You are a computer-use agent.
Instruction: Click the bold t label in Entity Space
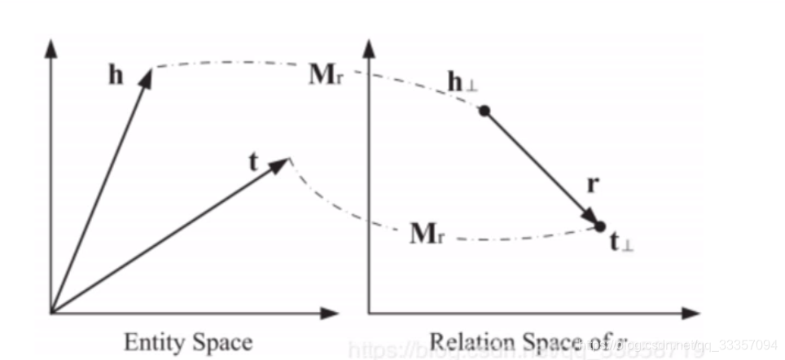[253, 162]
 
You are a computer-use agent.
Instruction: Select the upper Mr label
[328, 76]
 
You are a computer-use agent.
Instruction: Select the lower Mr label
[429, 235]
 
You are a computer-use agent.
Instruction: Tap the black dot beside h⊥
[485, 111]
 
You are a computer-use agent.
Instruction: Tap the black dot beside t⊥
[600, 226]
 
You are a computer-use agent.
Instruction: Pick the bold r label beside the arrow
[593, 185]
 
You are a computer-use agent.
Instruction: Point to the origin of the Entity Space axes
[51, 312]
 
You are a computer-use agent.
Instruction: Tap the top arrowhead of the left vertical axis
[51, 46]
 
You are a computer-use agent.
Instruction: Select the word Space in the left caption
[220, 341]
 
